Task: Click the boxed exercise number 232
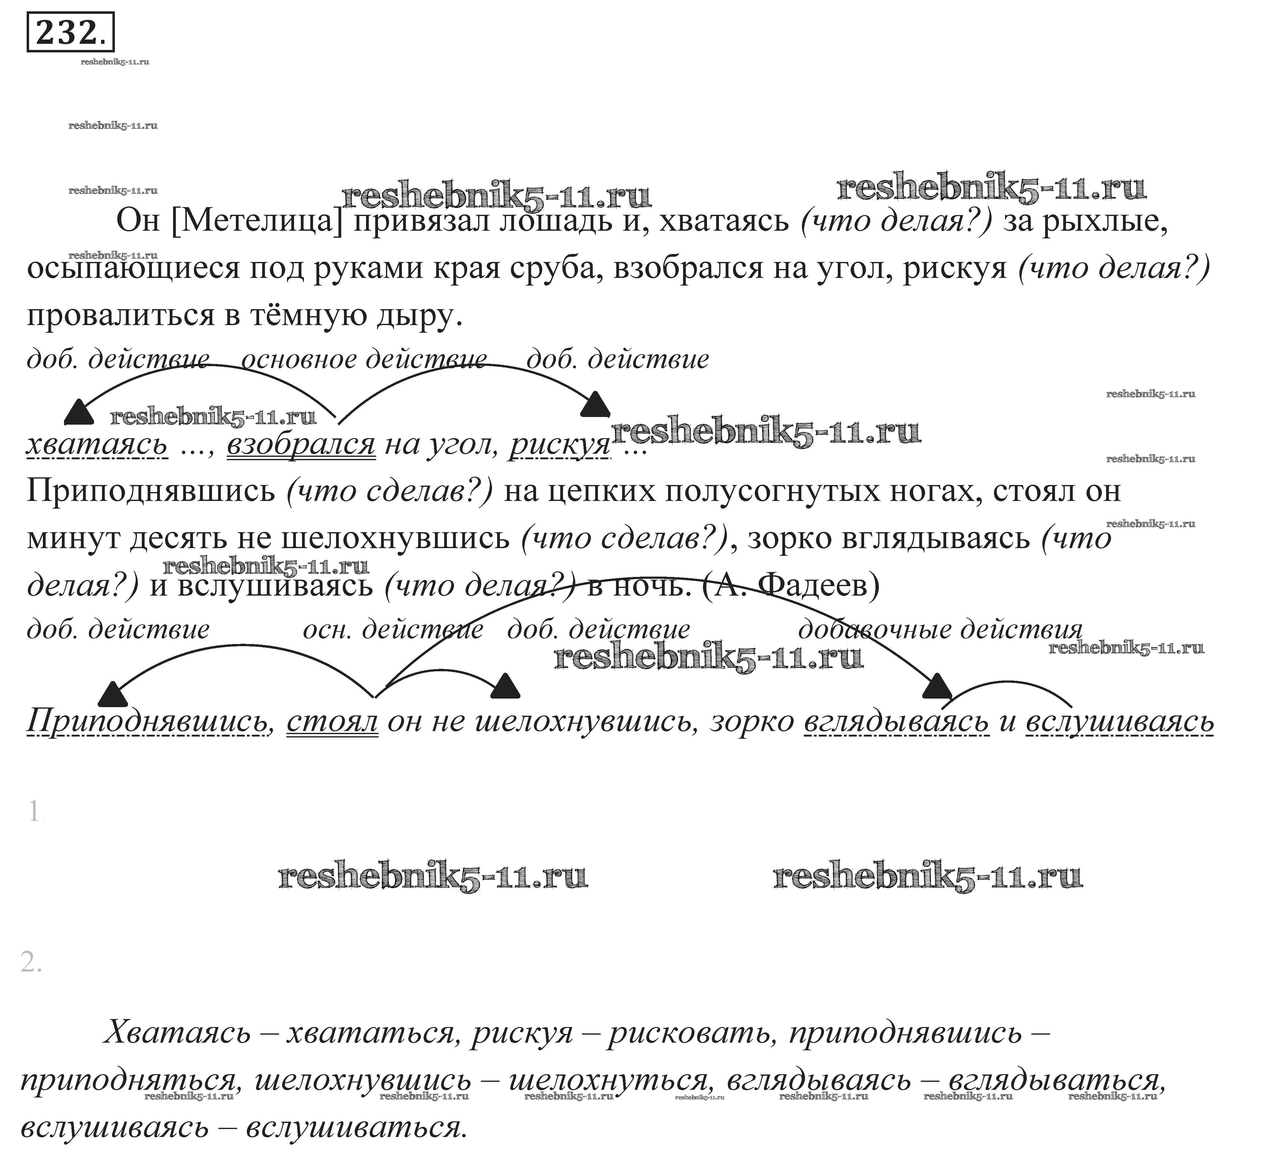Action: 70,32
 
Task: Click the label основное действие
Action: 364,359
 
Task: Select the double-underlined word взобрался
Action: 301,444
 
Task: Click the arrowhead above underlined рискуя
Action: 595,404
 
